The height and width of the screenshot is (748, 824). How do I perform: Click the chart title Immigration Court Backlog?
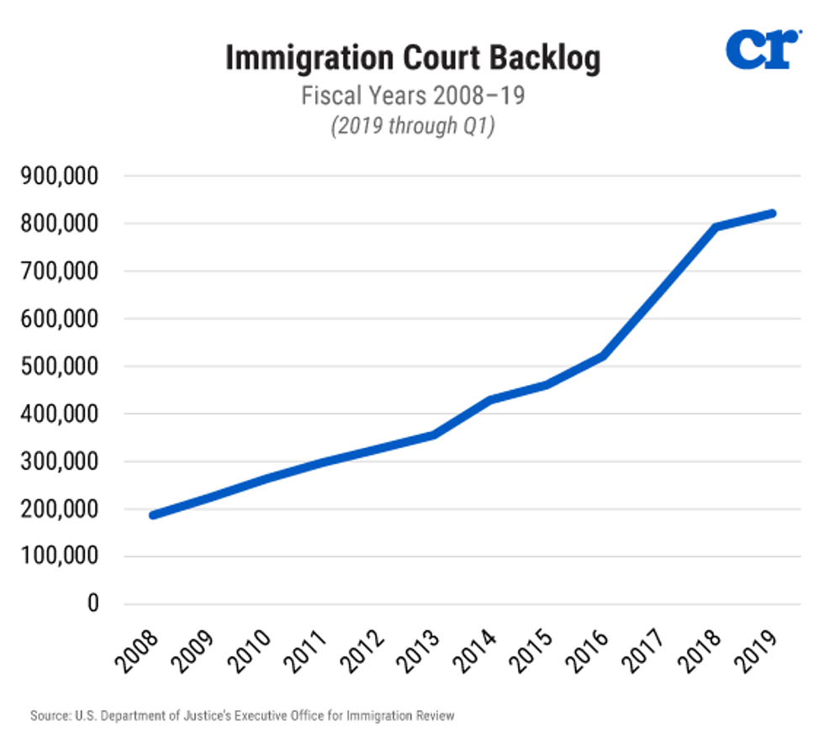point(412,59)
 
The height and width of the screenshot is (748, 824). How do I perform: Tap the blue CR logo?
point(760,50)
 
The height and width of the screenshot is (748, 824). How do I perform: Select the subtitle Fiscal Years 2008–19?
point(412,95)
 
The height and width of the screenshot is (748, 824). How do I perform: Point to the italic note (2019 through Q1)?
point(412,126)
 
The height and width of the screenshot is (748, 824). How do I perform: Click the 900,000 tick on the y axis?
point(63,176)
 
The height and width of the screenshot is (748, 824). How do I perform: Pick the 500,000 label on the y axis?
point(63,366)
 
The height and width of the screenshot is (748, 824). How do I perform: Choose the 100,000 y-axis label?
point(63,556)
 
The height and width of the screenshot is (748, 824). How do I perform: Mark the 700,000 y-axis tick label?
point(63,271)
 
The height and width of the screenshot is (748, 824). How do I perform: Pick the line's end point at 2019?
point(772,213)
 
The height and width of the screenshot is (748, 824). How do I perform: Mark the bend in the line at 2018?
point(716,227)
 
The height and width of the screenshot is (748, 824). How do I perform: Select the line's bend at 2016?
point(603,356)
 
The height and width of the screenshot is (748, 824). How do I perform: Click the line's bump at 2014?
point(491,399)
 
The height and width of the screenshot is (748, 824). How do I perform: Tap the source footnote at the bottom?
point(242,716)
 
